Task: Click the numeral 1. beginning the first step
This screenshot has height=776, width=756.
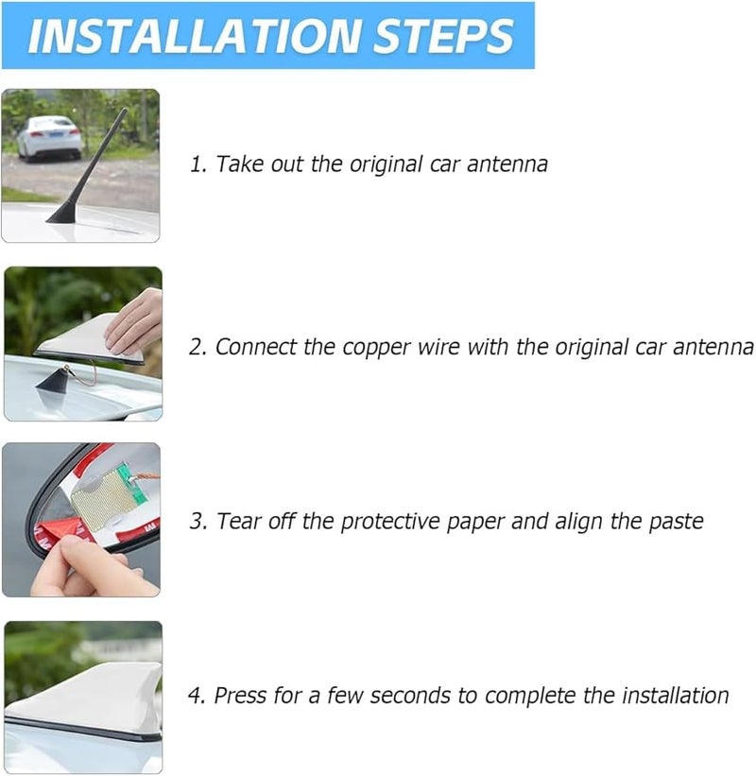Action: pyautogui.click(x=198, y=164)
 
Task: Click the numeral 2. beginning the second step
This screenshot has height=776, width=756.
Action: pyautogui.click(x=198, y=347)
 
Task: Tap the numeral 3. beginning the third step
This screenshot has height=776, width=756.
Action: pyautogui.click(x=198, y=521)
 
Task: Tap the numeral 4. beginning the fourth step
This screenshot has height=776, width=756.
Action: pyautogui.click(x=198, y=696)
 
